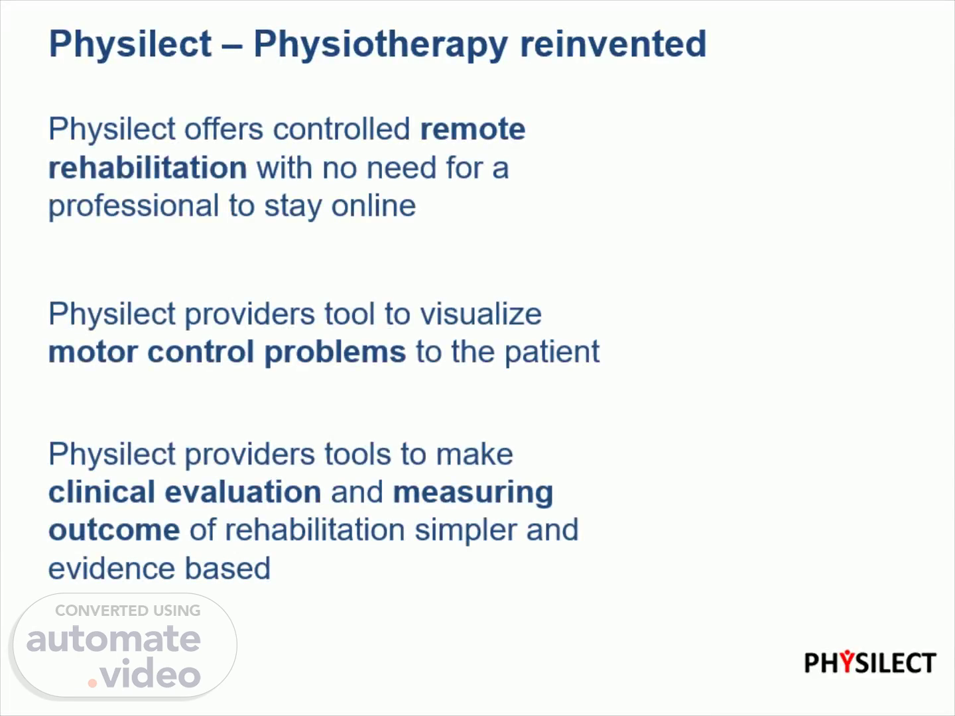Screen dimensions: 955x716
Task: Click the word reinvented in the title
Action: pyautogui.click(x=613, y=44)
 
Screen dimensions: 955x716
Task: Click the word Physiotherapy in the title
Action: pyautogui.click(x=381, y=45)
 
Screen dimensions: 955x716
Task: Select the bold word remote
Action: pyautogui.click(x=473, y=129)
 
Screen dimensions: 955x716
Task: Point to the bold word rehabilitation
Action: pyautogui.click(x=148, y=167)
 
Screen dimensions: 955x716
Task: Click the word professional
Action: pyautogui.click(x=133, y=207)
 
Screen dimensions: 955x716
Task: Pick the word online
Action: pyautogui.click(x=373, y=206)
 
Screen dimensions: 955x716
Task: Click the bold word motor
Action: pyautogui.click(x=93, y=351)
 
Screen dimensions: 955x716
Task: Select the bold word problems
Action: pyautogui.click(x=335, y=352)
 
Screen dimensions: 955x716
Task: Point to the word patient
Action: pyautogui.click(x=552, y=352)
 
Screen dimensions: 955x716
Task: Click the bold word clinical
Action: pyautogui.click(x=102, y=492)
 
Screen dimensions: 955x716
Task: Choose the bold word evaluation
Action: pyautogui.click(x=243, y=492)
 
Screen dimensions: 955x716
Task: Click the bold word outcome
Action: pyautogui.click(x=114, y=530)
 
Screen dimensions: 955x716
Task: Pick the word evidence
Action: pyautogui.click(x=111, y=568)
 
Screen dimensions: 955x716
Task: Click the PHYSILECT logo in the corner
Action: pyautogui.click(x=870, y=662)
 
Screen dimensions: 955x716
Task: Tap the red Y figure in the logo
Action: pyautogui.click(x=847, y=661)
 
